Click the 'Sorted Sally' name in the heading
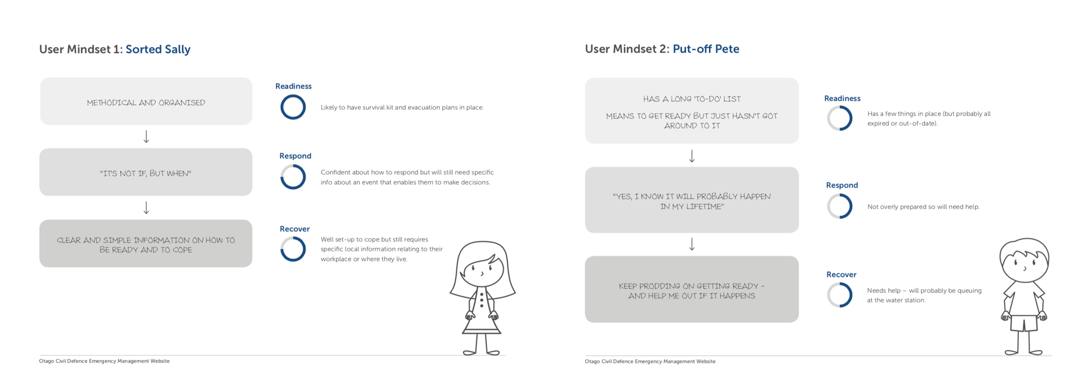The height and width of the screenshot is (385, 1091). [158, 49]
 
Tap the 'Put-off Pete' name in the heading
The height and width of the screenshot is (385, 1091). [706, 49]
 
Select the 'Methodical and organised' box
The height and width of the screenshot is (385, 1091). [146, 101]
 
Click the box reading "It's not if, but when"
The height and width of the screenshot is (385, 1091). [146, 172]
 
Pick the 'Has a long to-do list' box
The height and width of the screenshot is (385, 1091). [692, 111]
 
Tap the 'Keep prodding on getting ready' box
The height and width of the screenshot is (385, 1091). [692, 289]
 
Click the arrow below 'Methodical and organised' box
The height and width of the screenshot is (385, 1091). [146, 136]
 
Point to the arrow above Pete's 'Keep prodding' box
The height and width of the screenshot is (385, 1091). [692, 245]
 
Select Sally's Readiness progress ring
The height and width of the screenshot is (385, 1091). [293, 95]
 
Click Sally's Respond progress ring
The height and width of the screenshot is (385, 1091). [293, 165]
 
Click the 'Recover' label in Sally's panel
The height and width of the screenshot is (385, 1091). [294, 229]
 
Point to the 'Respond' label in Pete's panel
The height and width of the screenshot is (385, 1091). [842, 185]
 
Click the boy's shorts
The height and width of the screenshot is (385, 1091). [1024, 323]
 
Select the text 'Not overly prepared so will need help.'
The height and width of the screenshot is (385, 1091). [923, 207]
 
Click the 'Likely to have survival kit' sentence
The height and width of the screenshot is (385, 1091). [402, 107]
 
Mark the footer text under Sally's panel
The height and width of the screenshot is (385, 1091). [105, 361]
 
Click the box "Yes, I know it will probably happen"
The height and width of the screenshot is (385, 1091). [692, 200]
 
